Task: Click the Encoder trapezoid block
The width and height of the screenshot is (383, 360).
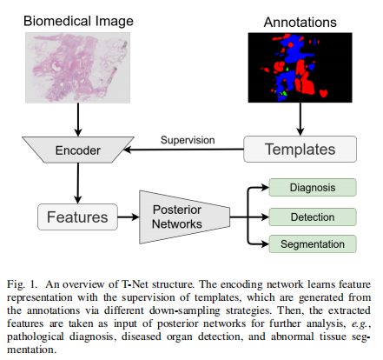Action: pyautogui.click(x=78, y=150)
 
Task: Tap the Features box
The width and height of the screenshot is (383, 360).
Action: pyautogui.click(x=76, y=214)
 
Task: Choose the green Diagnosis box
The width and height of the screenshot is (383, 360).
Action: pyautogui.click(x=311, y=187)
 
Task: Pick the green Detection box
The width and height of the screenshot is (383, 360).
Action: pyautogui.click(x=311, y=215)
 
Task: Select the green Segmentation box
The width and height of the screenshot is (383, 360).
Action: pyautogui.click(x=311, y=243)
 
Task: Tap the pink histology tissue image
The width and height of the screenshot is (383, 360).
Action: pyautogui.click(x=78, y=65)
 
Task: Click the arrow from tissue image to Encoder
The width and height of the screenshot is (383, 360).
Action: pyautogui.click(x=78, y=117)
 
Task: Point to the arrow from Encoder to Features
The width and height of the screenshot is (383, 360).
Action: pyautogui.click(x=78, y=183)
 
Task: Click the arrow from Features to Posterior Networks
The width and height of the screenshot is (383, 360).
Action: pyautogui.click(x=127, y=215)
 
